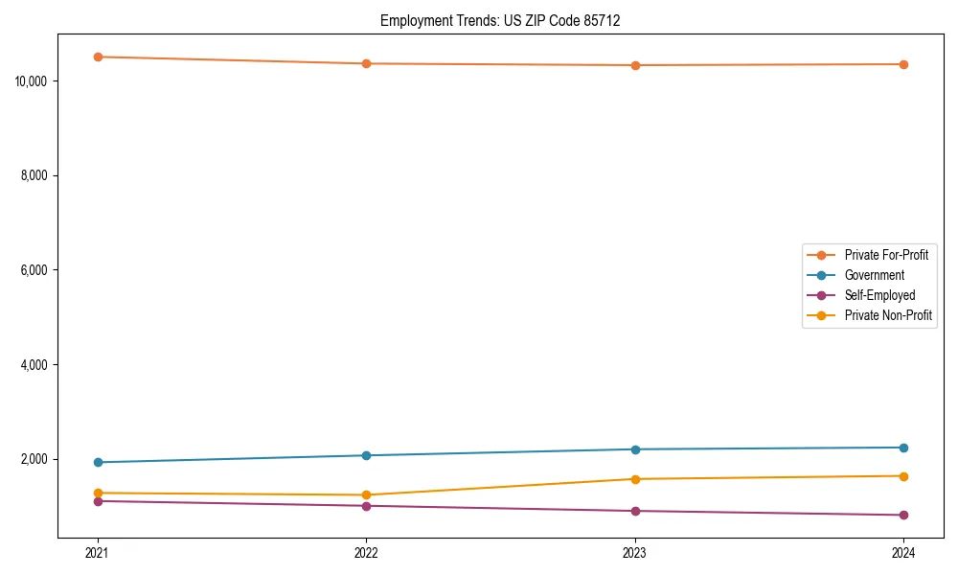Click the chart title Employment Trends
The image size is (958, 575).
point(500,20)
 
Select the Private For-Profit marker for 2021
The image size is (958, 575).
point(97,57)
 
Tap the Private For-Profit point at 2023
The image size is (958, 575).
point(635,65)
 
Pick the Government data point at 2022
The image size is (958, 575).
point(366,455)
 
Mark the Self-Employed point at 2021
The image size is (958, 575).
point(97,501)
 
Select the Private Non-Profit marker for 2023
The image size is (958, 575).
point(635,479)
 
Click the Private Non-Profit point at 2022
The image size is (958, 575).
point(366,494)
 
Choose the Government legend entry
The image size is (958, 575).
point(874,275)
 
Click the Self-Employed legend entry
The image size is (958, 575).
point(879,295)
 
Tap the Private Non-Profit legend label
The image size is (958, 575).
point(888,315)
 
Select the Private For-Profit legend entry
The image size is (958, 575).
point(886,255)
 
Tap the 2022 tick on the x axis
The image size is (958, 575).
point(366,552)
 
